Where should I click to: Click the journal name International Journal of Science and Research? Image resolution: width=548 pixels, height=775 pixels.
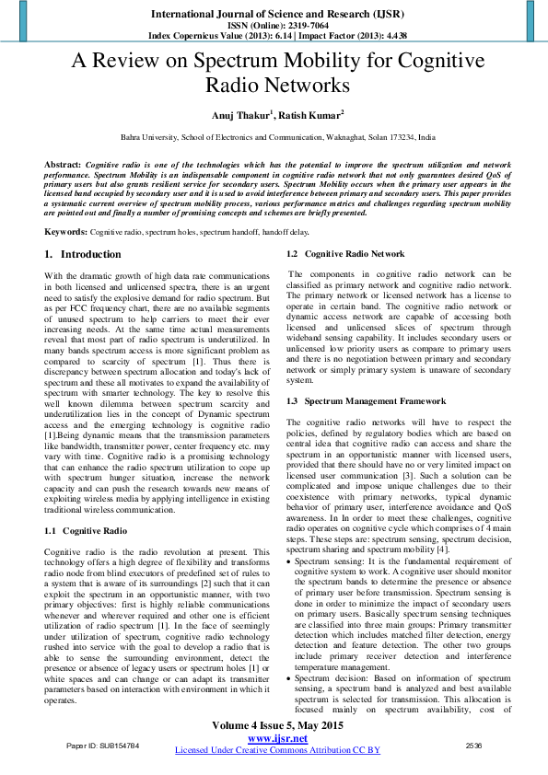tap(274, 14)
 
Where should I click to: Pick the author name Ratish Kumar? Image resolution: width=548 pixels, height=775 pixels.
tap(312, 115)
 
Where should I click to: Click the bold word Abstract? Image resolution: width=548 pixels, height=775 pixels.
tap(62, 163)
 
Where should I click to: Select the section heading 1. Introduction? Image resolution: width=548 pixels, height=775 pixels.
tap(83, 254)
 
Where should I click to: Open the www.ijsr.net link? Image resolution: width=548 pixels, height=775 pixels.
tap(277, 763)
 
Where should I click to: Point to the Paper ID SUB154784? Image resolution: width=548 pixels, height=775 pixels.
tap(101, 769)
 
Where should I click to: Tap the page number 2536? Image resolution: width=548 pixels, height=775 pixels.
tap(473, 769)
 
